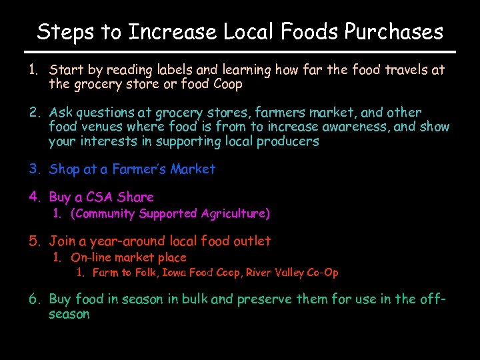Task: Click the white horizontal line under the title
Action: click(x=240, y=52)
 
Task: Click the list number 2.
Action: click(x=34, y=112)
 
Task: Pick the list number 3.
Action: click(x=34, y=169)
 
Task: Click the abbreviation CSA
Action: click(x=99, y=197)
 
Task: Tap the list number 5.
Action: click(x=34, y=241)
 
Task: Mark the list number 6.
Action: click(x=34, y=299)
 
